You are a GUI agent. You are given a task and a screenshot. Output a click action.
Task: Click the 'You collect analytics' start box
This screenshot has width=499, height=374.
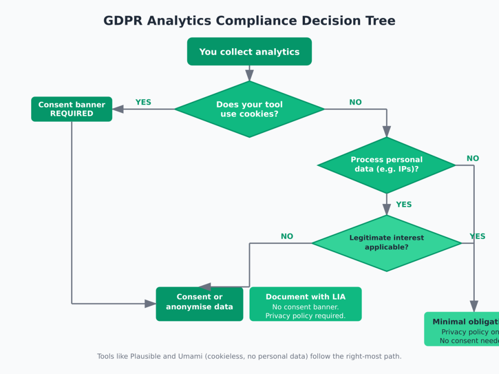pyautogui.click(x=249, y=52)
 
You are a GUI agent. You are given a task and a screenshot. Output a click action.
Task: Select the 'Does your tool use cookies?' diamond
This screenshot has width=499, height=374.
pyautogui.click(x=249, y=109)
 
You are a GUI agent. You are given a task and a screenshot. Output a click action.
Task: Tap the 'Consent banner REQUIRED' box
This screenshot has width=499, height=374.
pyautogui.click(x=72, y=109)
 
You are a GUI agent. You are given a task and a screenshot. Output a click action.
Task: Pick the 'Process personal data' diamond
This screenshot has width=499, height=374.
pyautogui.click(x=386, y=165)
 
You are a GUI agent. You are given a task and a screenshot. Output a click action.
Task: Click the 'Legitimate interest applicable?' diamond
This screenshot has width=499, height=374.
pyautogui.click(x=386, y=243)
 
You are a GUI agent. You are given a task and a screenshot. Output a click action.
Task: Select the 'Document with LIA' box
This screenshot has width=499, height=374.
pyautogui.click(x=306, y=304)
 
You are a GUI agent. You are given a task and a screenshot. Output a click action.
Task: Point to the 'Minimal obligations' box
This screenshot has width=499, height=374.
pyautogui.click(x=463, y=329)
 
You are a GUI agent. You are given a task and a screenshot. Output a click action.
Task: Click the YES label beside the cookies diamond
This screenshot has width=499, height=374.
pyautogui.click(x=143, y=102)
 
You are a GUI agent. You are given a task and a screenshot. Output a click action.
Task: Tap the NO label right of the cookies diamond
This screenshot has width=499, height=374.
pyautogui.click(x=356, y=102)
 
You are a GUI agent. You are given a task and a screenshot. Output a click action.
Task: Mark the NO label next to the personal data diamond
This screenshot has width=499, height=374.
pyautogui.click(x=473, y=158)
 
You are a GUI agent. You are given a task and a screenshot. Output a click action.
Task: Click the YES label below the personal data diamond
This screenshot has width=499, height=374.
pyautogui.click(x=404, y=205)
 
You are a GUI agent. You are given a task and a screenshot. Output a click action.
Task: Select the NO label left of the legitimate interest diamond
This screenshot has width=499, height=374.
pyautogui.click(x=287, y=236)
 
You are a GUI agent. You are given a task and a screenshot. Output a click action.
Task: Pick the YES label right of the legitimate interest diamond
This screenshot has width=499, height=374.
pyautogui.click(x=478, y=236)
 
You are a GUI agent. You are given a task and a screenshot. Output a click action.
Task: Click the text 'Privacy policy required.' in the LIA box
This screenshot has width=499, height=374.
pyautogui.click(x=306, y=316)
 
